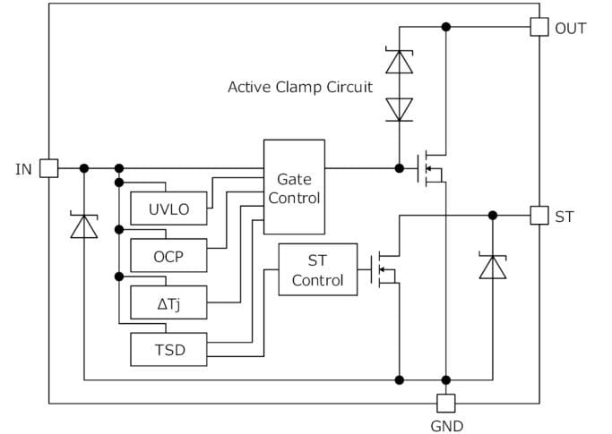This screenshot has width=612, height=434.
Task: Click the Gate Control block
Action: (x=294, y=187)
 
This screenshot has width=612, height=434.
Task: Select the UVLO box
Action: (x=168, y=208)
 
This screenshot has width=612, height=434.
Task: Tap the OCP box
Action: (x=168, y=255)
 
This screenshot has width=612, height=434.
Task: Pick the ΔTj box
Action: (x=168, y=302)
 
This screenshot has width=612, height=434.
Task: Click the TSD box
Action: (x=168, y=349)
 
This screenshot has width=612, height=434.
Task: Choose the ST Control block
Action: (x=318, y=270)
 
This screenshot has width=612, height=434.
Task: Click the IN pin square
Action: (x=49, y=168)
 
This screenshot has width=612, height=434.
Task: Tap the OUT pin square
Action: (x=539, y=27)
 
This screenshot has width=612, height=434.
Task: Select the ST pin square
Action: (x=539, y=216)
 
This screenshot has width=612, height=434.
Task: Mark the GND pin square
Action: (x=445, y=403)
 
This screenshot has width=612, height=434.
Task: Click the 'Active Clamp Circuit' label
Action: (x=299, y=87)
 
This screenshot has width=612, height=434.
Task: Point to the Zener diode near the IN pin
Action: (x=84, y=227)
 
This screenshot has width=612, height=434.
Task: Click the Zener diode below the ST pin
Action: (x=493, y=267)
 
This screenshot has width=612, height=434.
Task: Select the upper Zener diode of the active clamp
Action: (x=399, y=61)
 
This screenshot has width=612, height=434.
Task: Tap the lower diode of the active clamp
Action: (x=399, y=109)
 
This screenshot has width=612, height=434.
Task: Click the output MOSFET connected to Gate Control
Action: (x=430, y=168)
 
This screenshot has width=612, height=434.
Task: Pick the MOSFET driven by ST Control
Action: (x=384, y=268)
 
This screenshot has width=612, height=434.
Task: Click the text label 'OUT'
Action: (x=571, y=28)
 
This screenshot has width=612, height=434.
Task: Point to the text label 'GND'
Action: (x=445, y=426)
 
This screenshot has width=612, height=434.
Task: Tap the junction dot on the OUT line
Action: (x=445, y=27)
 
